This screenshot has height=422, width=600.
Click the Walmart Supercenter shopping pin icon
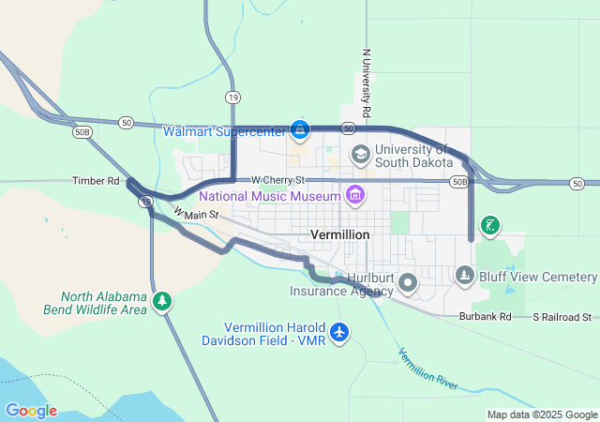[x=300, y=128]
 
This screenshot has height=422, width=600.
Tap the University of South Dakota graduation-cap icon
[x=360, y=153]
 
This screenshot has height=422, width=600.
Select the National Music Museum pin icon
[x=354, y=196]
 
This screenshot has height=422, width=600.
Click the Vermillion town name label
[x=339, y=234]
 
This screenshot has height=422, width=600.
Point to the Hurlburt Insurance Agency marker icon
[x=408, y=281]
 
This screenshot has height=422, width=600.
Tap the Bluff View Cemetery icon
[x=465, y=276]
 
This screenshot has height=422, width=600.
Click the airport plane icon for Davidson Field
[x=339, y=332]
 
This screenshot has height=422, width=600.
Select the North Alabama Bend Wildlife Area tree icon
[x=163, y=300]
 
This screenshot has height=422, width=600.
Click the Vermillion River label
[x=427, y=369]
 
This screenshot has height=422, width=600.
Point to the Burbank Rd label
[x=485, y=317]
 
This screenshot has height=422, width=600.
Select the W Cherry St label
[x=277, y=179]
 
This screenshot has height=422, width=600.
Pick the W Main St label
[x=196, y=215]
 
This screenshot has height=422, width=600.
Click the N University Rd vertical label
[x=366, y=84]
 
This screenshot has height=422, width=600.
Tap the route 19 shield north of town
[x=231, y=97]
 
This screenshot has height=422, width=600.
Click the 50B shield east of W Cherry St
[x=458, y=181]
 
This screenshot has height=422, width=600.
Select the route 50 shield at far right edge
[x=577, y=183]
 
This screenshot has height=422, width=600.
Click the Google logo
[x=31, y=411]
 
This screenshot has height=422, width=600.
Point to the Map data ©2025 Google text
[x=541, y=414]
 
